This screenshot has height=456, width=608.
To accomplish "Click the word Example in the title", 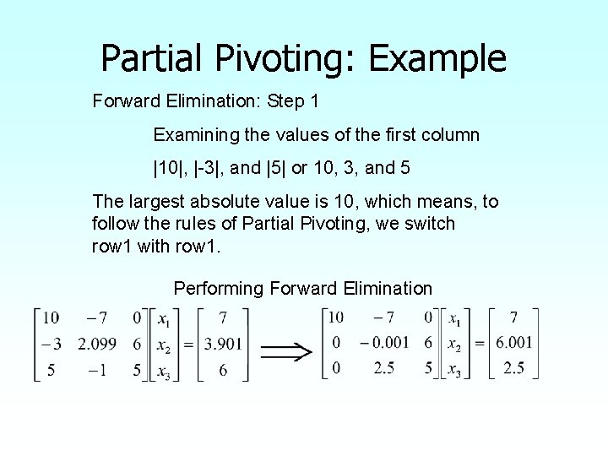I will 437,58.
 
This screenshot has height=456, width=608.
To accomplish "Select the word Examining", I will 193,134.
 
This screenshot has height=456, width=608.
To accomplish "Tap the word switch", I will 431,224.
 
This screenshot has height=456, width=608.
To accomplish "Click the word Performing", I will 219,289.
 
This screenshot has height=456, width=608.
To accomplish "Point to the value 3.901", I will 223,344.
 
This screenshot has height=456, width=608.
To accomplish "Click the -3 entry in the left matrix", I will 51,344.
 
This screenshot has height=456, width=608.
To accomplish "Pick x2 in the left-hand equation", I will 166,344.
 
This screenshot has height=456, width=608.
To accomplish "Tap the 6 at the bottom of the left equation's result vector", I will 223,370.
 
